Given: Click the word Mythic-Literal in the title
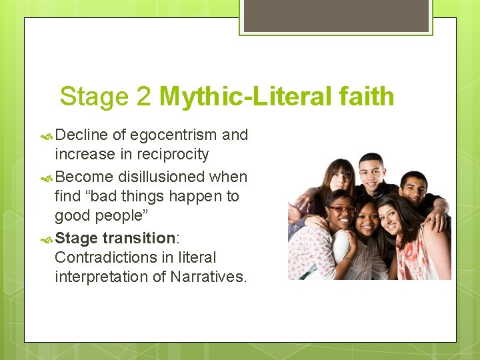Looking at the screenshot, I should click(245, 97).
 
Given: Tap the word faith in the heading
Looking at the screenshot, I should click(366, 97).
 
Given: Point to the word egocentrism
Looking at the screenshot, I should click(174, 135).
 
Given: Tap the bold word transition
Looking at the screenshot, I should click(138, 238).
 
